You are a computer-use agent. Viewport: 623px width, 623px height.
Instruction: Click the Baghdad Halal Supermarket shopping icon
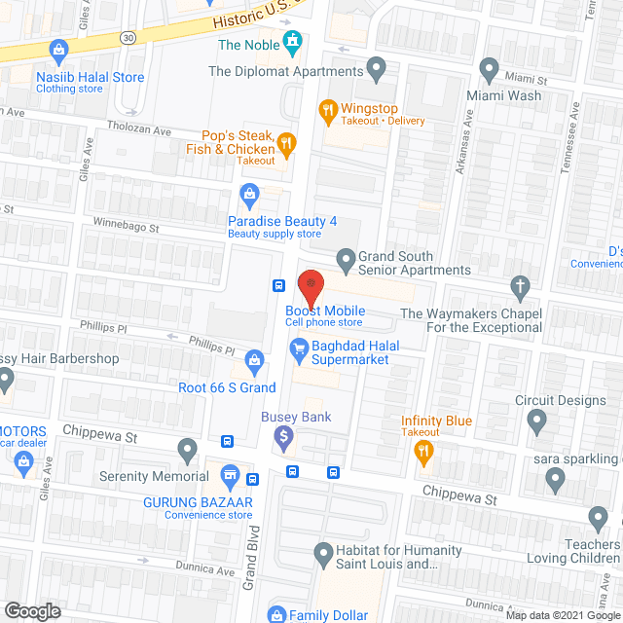(301, 345)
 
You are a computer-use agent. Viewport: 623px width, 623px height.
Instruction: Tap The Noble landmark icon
(291, 42)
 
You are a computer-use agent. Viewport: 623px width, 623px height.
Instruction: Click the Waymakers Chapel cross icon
(518, 286)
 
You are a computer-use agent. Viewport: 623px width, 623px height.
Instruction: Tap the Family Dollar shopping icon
(277, 614)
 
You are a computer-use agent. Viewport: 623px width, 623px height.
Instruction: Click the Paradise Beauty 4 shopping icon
(250, 195)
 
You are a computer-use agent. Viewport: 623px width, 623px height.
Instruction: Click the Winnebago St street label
(126, 228)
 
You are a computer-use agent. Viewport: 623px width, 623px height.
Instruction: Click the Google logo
(31, 610)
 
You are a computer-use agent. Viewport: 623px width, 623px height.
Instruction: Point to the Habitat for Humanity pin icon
(325, 555)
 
